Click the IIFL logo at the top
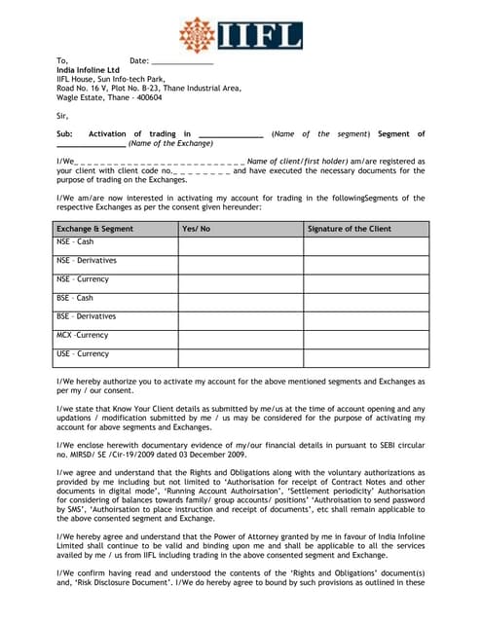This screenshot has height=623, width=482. tap(240, 33)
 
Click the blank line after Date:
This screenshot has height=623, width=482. tap(182, 61)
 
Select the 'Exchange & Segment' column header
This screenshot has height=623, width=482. tap(94, 229)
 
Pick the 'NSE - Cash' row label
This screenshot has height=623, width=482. tap(76, 241)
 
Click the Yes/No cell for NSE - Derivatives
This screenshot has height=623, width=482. tap(240, 264)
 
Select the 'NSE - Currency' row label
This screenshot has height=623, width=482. tap(83, 279)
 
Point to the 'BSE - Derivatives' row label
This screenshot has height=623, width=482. tap(87, 316)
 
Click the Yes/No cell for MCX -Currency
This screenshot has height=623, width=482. tap(240, 339)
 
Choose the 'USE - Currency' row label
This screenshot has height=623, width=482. tap(83, 353)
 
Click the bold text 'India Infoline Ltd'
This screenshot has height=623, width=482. tap(89, 70)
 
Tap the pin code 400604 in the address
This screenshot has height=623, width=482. tap(149, 97)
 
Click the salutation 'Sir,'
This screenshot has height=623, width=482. tap(63, 116)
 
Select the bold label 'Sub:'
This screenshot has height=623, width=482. tap(64, 134)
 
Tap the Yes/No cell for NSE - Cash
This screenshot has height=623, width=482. tap(240, 245)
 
